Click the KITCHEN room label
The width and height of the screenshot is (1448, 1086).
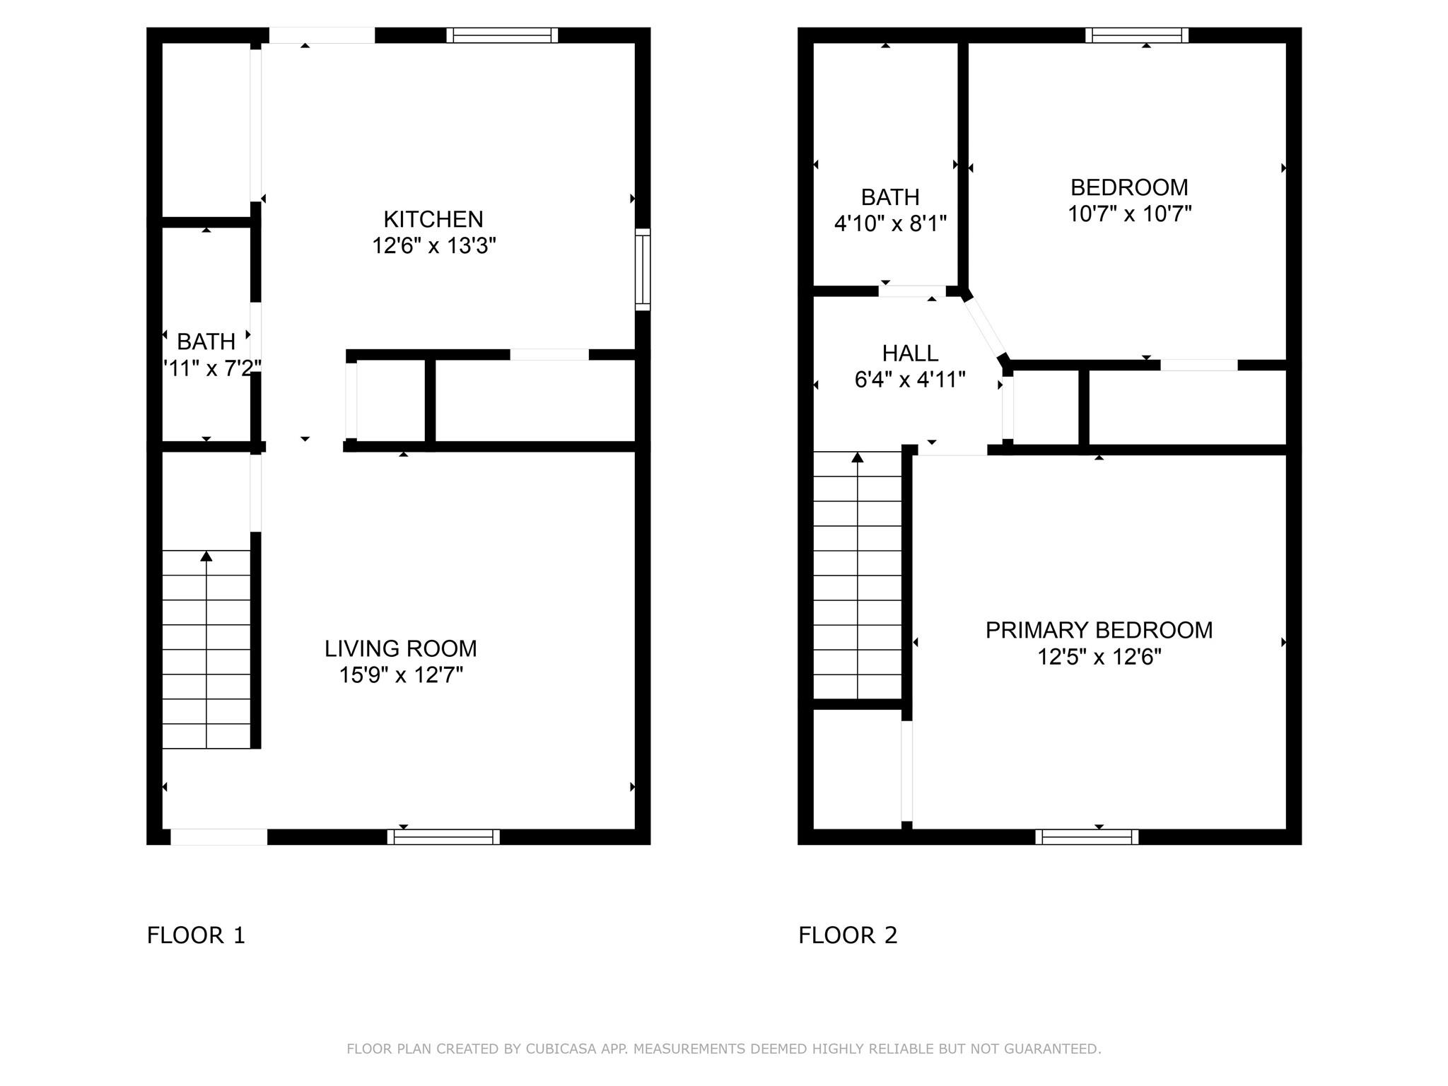coord(433,219)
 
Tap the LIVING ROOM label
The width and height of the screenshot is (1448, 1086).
coord(401,648)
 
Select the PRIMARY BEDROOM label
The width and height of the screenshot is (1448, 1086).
coord(1099,630)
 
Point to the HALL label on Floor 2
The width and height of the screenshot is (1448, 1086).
coord(910,353)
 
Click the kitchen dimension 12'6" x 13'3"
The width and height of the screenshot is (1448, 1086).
coord(434,246)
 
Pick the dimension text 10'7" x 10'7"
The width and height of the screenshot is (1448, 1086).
coord(1129,214)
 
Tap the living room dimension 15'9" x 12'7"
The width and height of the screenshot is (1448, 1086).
coord(401,675)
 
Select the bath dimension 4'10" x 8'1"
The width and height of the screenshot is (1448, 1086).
coord(890,224)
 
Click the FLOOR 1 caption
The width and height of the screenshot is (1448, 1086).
coord(196,935)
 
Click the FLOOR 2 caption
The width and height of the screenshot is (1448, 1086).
coord(848,935)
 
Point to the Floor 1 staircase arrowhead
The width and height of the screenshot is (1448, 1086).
coord(206,556)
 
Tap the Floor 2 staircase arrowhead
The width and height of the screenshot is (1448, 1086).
coord(858,457)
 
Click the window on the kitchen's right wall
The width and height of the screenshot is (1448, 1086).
coord(643,269)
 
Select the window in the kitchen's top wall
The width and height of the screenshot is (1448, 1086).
coord(502,35)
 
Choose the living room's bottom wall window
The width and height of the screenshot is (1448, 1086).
coord(443,837)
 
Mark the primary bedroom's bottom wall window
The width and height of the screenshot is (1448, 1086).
coord(1087,837)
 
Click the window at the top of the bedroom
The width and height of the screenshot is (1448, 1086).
coord(1136,35)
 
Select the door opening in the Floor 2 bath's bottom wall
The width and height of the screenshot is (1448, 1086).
coord(912,291)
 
